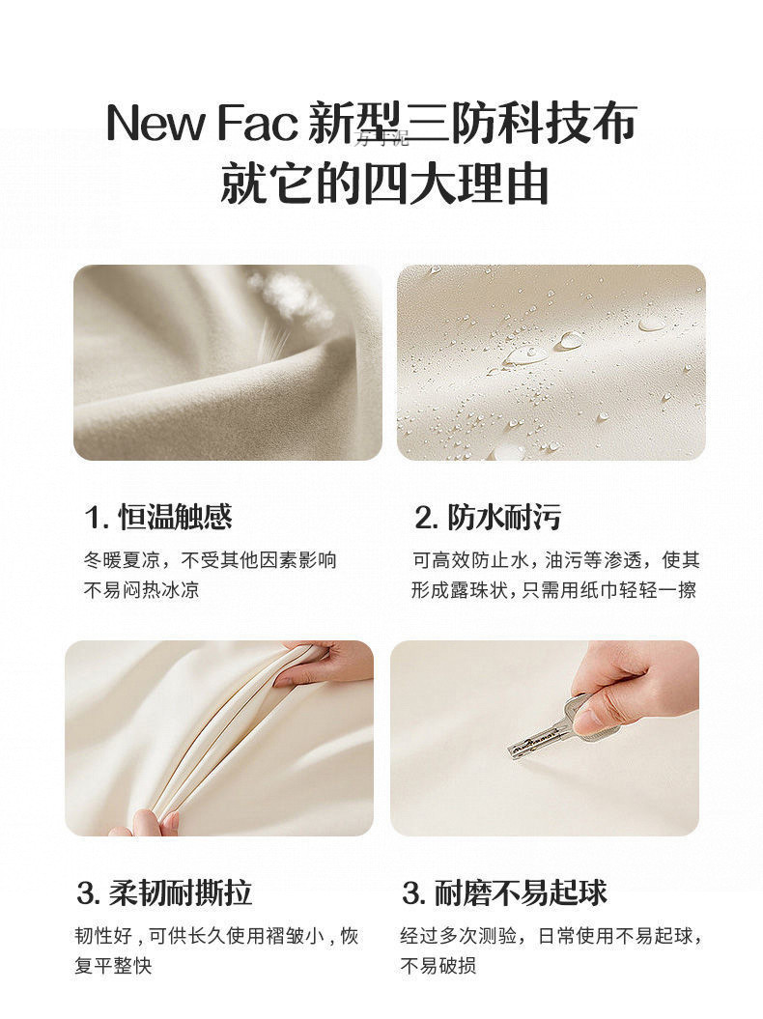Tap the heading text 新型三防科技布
(x=473, y=124)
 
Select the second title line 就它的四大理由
(x=383, y=184)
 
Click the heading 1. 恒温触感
(x=159, y=518)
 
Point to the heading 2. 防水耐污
(x=488, y=518)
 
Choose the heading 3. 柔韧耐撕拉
(x=164, y=892)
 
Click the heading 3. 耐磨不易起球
(x=504, y=892)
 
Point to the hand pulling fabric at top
(x=328, y=665)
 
